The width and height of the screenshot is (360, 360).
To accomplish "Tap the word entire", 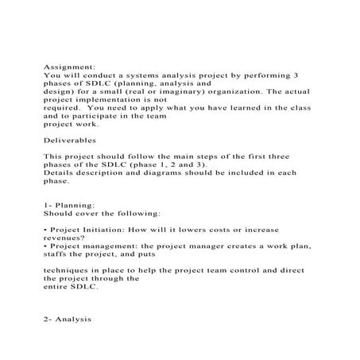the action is (x=57, y=288).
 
